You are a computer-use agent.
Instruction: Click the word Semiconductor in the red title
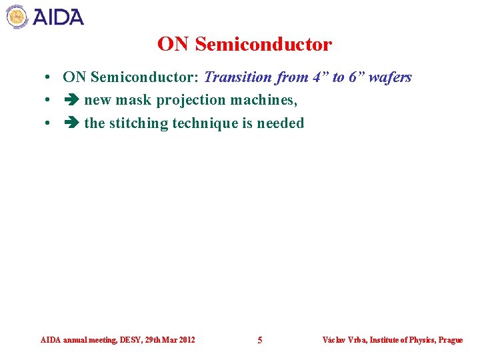coord(264,45)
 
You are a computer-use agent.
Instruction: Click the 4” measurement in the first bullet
coord(319,77)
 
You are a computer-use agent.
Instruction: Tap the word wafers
coord(392,77)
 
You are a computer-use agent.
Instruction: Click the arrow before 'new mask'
coord(71,100)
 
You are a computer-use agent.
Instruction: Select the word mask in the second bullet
coord(135,100)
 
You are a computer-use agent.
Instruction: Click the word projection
coord(191,100)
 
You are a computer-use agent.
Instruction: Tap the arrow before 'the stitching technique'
coord(71,123)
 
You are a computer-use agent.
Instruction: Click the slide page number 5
coord(260,340)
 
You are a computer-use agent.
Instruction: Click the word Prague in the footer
coord(451,340)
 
